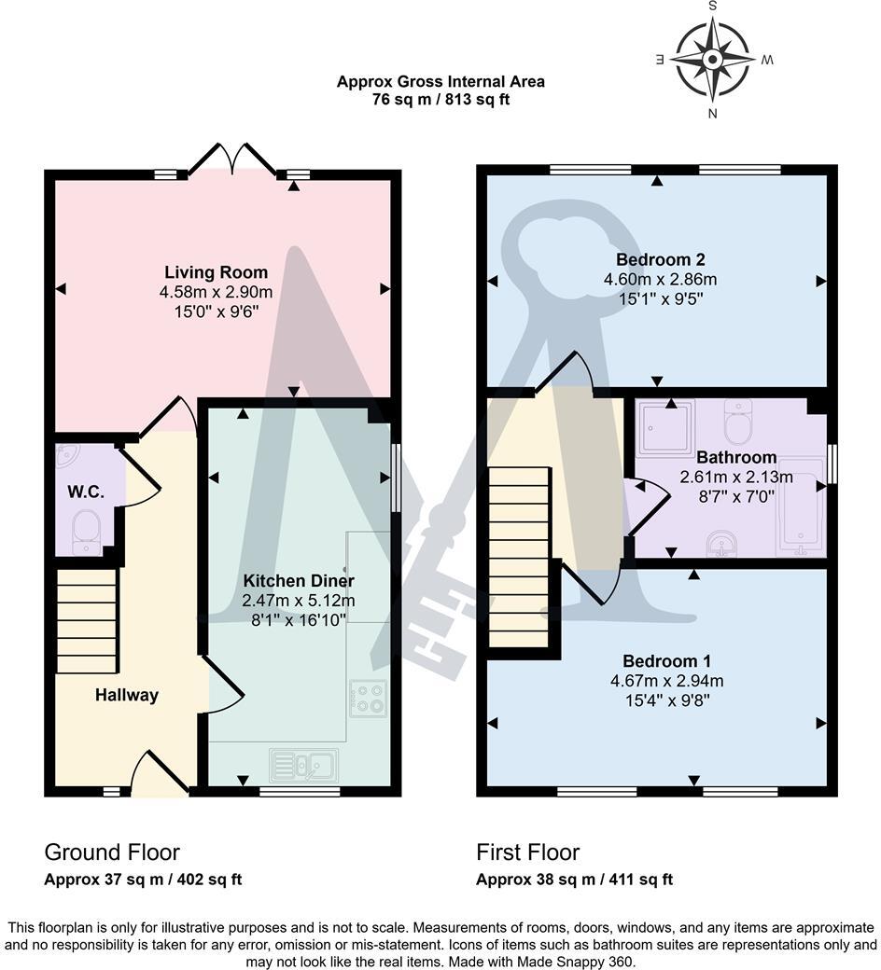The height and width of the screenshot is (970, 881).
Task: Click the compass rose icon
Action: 712,61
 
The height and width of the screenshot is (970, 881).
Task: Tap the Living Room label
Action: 216,272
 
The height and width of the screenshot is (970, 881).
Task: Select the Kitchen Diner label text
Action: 298,581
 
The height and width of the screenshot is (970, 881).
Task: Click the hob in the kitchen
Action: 368,699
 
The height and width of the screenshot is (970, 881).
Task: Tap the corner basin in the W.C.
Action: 68,456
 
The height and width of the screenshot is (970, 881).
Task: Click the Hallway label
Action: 126,695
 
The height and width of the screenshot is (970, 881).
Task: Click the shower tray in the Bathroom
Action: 665,425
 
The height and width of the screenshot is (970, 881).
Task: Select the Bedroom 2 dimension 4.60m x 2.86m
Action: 660,279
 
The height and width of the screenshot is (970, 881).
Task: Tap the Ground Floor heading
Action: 112,852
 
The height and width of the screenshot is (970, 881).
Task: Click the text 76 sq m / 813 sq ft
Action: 440,100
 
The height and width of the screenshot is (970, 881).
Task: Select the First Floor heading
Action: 527,852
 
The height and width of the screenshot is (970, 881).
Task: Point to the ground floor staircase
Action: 87,620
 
